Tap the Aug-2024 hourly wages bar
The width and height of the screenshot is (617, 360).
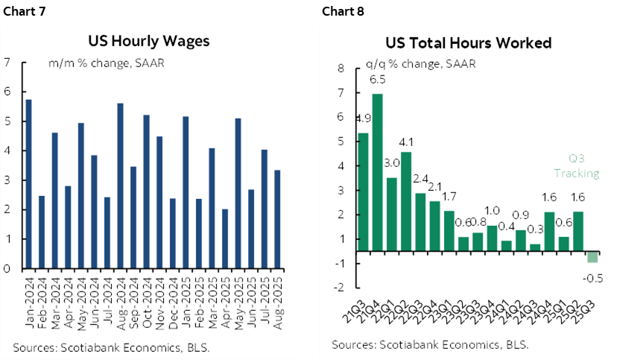coord(120,186)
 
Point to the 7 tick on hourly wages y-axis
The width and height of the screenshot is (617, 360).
coord(7,63)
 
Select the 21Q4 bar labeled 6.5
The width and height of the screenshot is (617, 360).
coord(377,178)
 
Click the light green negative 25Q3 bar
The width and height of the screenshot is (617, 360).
coord(592,258)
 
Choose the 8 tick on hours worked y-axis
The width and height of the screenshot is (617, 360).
coord(341,69)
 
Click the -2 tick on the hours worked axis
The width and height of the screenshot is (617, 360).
coord(339,287)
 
